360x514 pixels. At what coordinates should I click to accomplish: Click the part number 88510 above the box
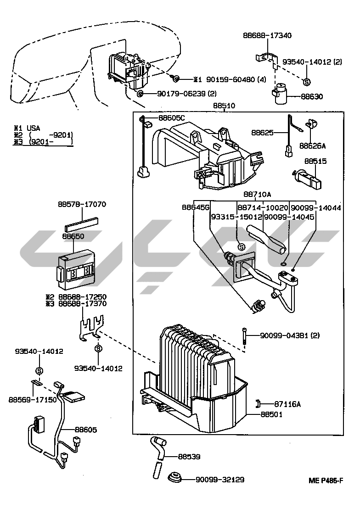[224, 106]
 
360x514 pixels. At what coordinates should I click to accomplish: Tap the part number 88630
[312, 97]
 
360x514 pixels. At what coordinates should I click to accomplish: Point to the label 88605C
[172, 118]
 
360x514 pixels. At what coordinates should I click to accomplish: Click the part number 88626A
[312, 145]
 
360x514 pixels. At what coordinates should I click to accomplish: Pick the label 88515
[315, 161]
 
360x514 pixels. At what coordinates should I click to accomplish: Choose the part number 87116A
[287, 404]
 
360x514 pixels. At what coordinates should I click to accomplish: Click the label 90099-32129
[219, 480]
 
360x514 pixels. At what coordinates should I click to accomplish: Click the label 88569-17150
[32, 400]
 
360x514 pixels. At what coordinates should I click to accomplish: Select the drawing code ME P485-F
[326, 481]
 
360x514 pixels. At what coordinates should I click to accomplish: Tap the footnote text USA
[34, 128]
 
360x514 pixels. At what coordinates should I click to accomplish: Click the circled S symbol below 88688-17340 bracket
[307, 81]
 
